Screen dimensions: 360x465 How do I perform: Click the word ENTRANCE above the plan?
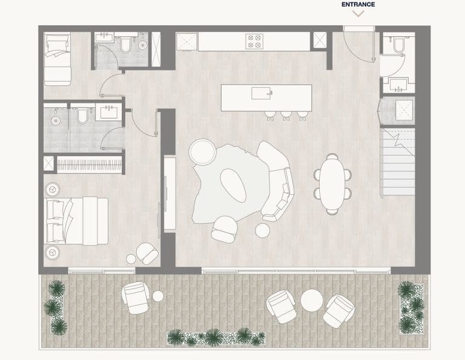(358, 4)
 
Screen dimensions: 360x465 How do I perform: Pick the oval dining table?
(332, 183)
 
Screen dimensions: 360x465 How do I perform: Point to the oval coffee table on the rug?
(233, 185)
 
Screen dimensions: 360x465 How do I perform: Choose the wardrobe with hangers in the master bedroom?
(90, 164)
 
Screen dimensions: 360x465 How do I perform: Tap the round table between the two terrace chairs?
(312, 300)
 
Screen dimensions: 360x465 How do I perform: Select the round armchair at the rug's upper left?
(202, 151)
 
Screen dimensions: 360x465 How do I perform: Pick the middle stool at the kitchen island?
(285, 114)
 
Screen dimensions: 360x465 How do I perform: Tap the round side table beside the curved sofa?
(263, 230)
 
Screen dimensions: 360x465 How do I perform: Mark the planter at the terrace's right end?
(412, 306)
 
